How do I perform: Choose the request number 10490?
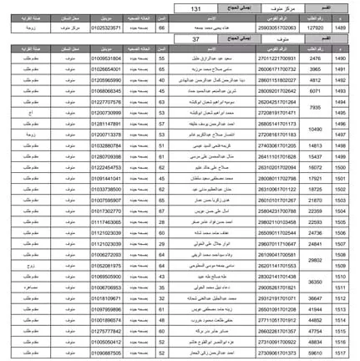point(316,129)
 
